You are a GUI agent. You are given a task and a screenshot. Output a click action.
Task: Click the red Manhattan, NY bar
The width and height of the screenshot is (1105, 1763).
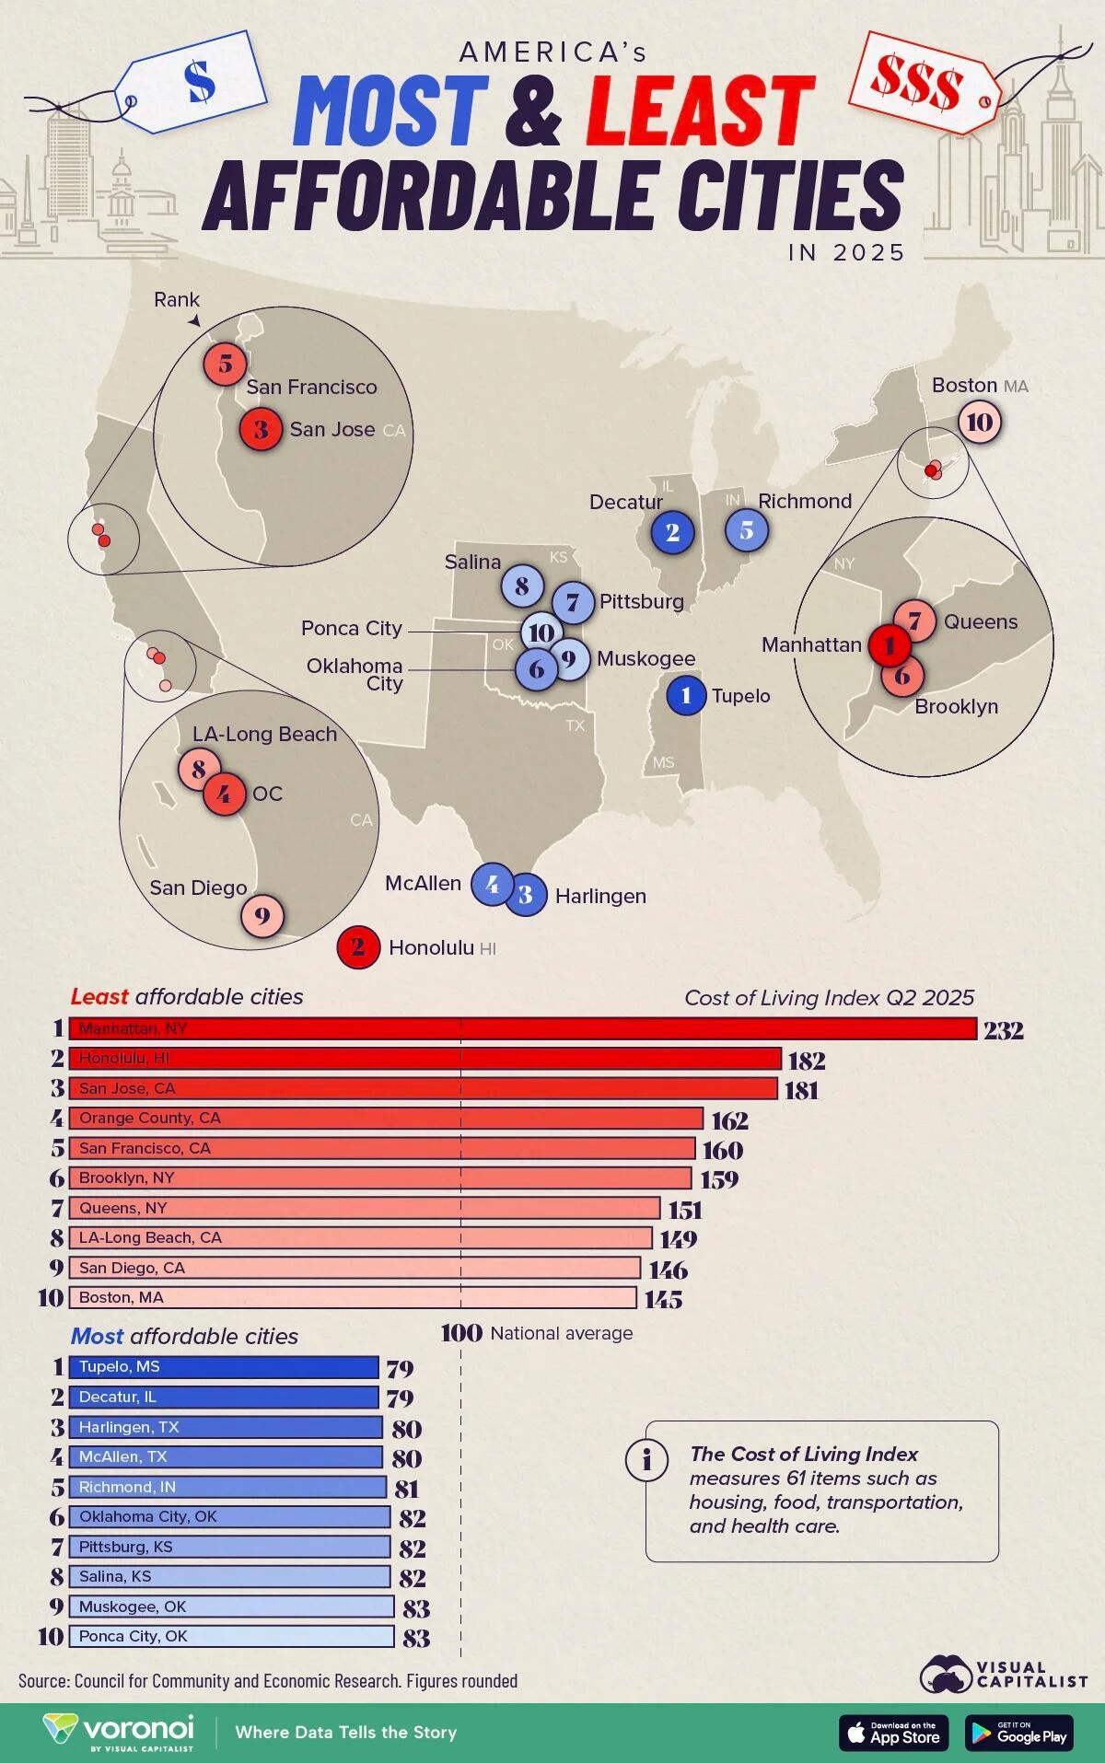click(x=522, y=1028)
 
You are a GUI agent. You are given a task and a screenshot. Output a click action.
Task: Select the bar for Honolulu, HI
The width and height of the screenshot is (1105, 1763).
click(x=425, y=1059)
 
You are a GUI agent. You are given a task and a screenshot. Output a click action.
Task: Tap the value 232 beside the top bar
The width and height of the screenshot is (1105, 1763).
click(x=1003, y=1030)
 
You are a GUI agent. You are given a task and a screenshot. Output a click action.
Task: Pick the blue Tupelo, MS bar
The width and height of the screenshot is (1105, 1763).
click(x=224, y=1367)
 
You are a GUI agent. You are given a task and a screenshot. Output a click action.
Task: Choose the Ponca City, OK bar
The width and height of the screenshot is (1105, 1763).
click(x=231, y=1636)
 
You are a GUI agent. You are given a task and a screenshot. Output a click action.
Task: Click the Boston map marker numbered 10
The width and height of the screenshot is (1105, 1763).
click(x=980, y=423)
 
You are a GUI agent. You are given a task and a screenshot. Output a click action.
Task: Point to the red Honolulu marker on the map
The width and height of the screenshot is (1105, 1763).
click(x=358, y=946)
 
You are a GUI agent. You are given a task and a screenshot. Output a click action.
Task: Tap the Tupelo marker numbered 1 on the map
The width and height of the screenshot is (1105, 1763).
click(x=685, y=695)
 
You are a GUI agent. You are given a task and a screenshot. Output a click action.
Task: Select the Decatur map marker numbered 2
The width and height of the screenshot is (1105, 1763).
click(x=672, y=531)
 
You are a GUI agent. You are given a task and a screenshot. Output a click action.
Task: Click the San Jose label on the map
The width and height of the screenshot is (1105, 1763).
click(x=332, y=429)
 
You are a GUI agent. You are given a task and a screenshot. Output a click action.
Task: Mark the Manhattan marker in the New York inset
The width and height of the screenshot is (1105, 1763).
click(x=889, y=645)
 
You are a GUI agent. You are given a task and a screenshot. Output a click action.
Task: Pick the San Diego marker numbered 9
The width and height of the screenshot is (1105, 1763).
click(x=262, y=916)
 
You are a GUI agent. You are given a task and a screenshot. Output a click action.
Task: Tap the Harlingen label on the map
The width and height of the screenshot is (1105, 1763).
click(x=600, y=896)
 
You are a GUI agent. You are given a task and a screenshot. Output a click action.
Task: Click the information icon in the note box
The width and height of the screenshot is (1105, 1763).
click(x=647, y=1460)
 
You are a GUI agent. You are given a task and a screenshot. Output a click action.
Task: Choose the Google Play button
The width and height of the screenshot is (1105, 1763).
click(x=1019, y=1732)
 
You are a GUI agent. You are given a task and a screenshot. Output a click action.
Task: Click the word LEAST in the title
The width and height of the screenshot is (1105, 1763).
click(x=700, y=110)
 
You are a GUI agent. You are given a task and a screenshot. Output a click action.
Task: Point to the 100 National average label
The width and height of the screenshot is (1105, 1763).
click(x=537, y=1332)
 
